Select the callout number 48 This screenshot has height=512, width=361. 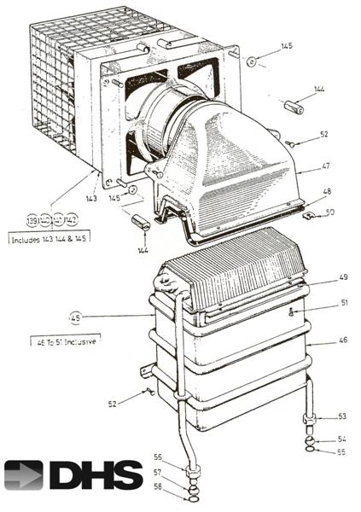click(327, 194)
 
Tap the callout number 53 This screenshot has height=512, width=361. click(341, 417)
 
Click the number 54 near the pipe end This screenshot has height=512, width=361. click(341, 439)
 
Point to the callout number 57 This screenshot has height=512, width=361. click(157, 471)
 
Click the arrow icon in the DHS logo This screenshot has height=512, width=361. click(24, 474)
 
